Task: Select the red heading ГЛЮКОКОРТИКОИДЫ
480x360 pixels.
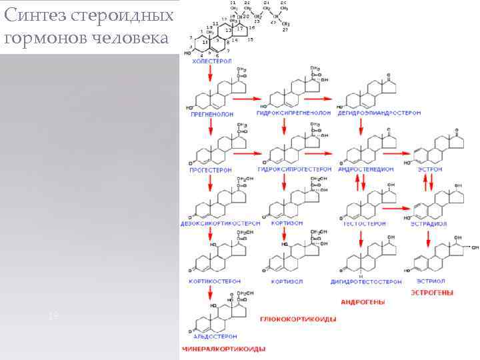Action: pyautogui.click(x=297, y=319)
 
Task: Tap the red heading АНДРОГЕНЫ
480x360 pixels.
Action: pyautogui.click(x=363, y=302)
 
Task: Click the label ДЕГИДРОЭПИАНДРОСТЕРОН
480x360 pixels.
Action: pyautogui.click(x=380, y=114)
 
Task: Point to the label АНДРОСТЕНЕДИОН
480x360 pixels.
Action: pyautogui.click(x=367, y=170)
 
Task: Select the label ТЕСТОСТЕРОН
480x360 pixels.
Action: pyautogui.click(x=364, y=223)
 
